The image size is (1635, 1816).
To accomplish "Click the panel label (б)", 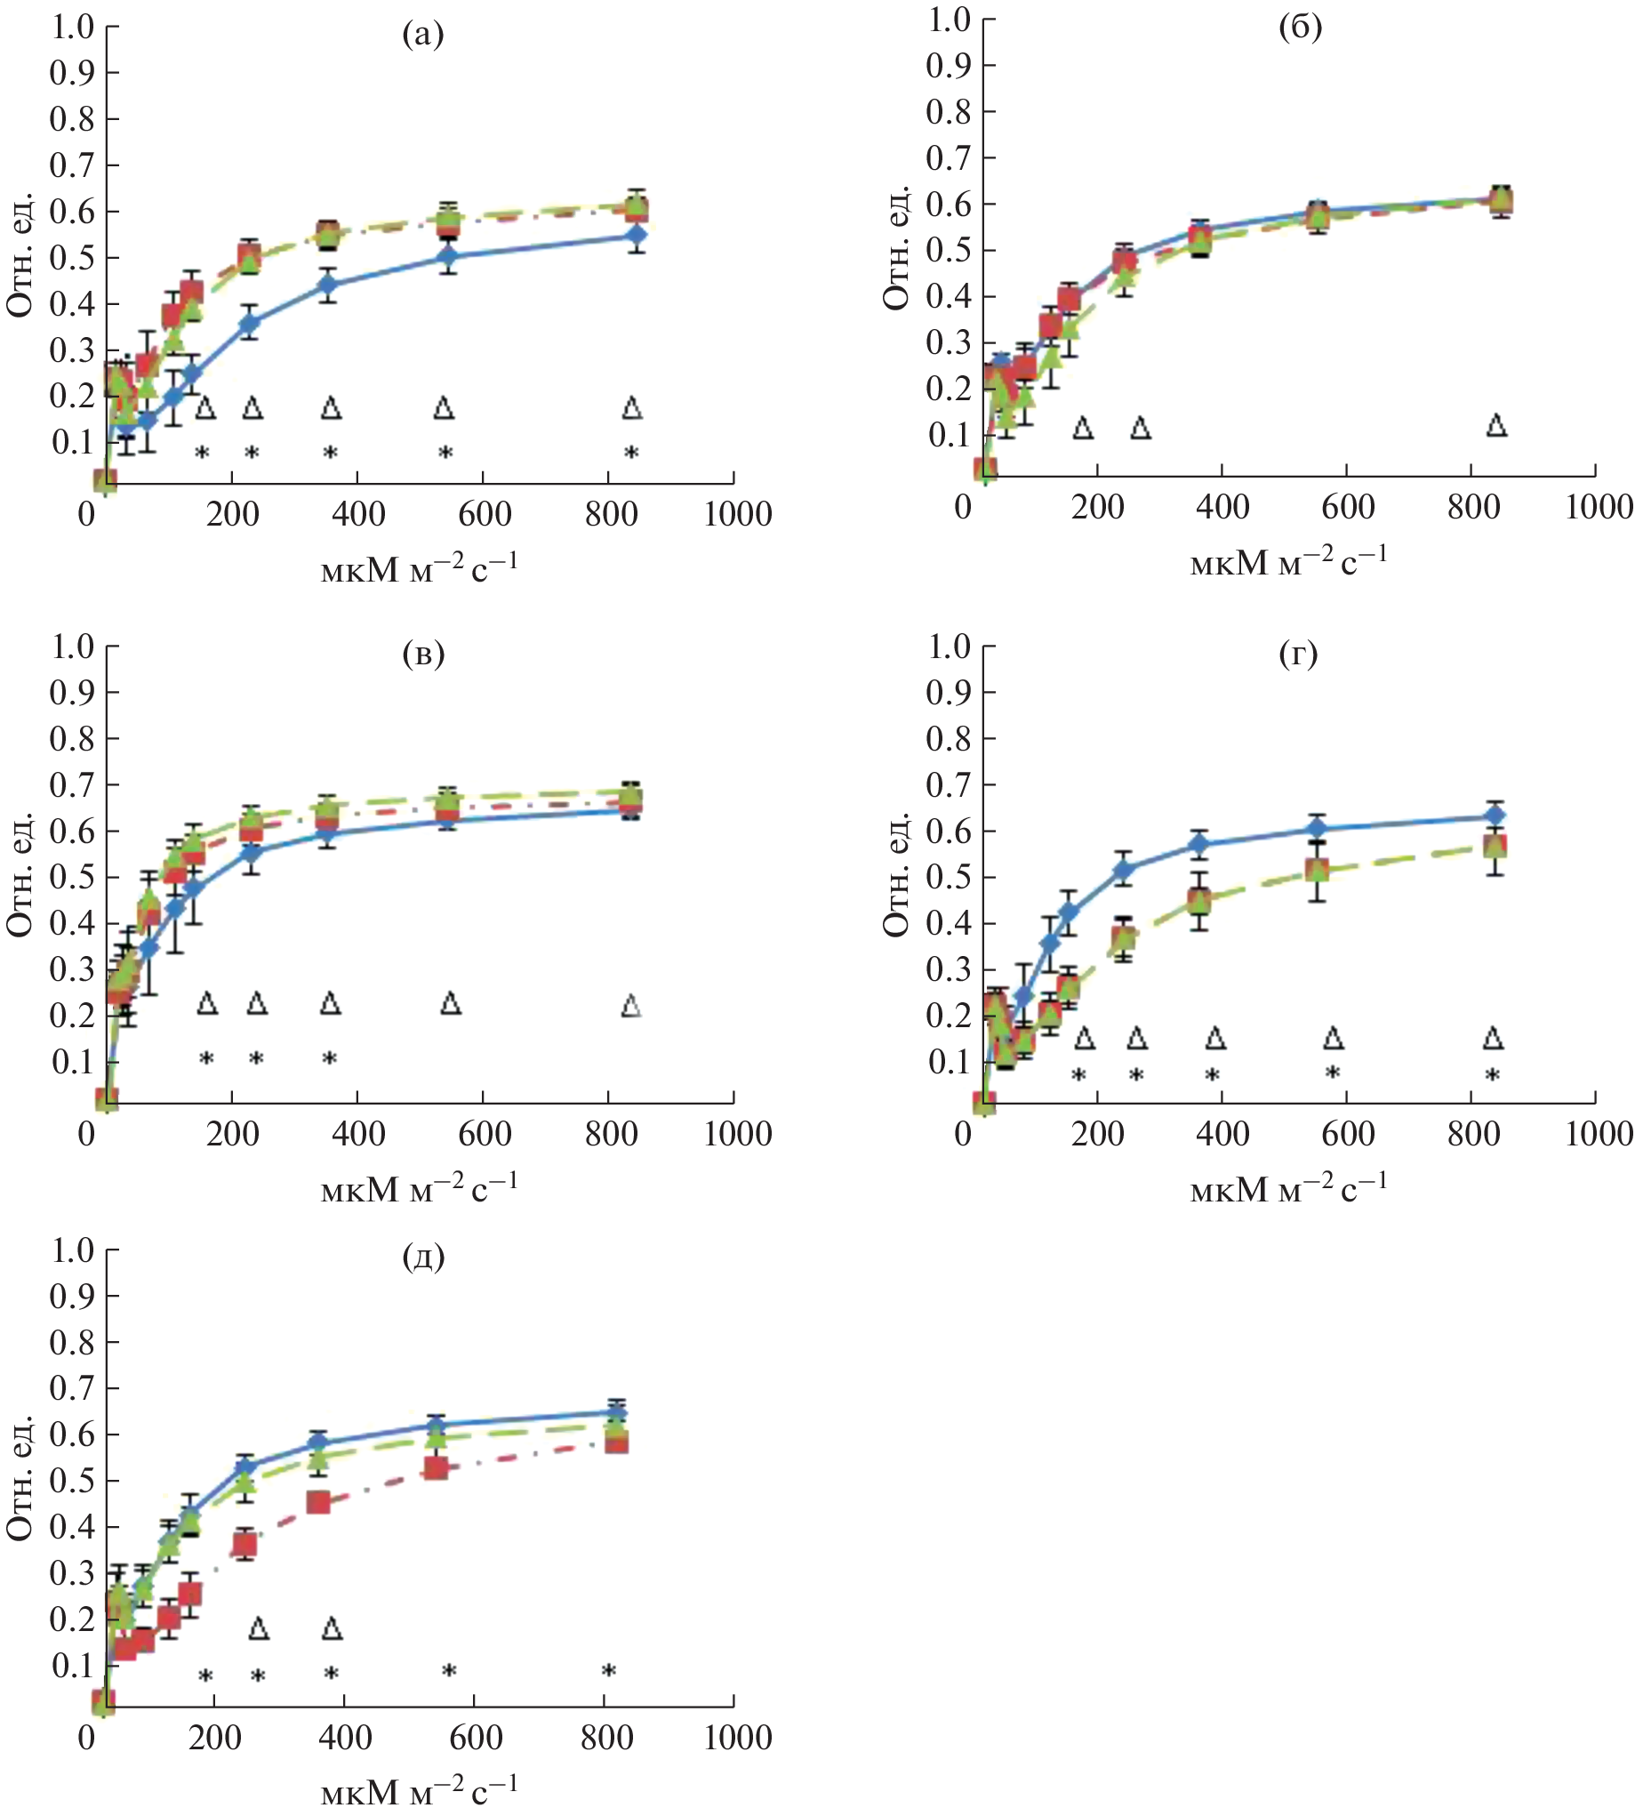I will [x=1300, y=28].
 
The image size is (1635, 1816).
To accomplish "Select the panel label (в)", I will [x=423, y=655].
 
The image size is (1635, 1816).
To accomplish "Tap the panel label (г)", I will [x=1298, y=655].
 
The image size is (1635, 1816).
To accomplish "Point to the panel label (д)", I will [x=423, y=1257].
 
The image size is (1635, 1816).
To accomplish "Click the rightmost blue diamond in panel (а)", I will [x=636, y=236].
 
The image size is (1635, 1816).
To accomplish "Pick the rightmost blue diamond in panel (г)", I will [x=1494, y=815].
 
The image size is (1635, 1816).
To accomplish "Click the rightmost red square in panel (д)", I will [x=616, y=1442].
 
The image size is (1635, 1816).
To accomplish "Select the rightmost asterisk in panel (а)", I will [x=631, y=454].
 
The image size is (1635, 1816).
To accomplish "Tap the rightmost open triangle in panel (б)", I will [x=1495, y=426].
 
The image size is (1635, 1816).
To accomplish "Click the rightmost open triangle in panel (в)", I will [x=631, y=1007].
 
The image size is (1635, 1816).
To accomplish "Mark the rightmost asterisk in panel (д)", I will [x=608, y=1672].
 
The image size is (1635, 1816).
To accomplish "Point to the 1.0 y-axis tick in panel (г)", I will [x=949, y=645].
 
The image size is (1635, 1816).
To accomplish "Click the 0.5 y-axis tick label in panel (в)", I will [x=72, y=877].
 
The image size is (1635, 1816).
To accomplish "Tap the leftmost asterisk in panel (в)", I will [x=205, y=1060].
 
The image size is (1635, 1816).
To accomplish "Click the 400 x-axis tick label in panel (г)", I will [x=1222, y=1134].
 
